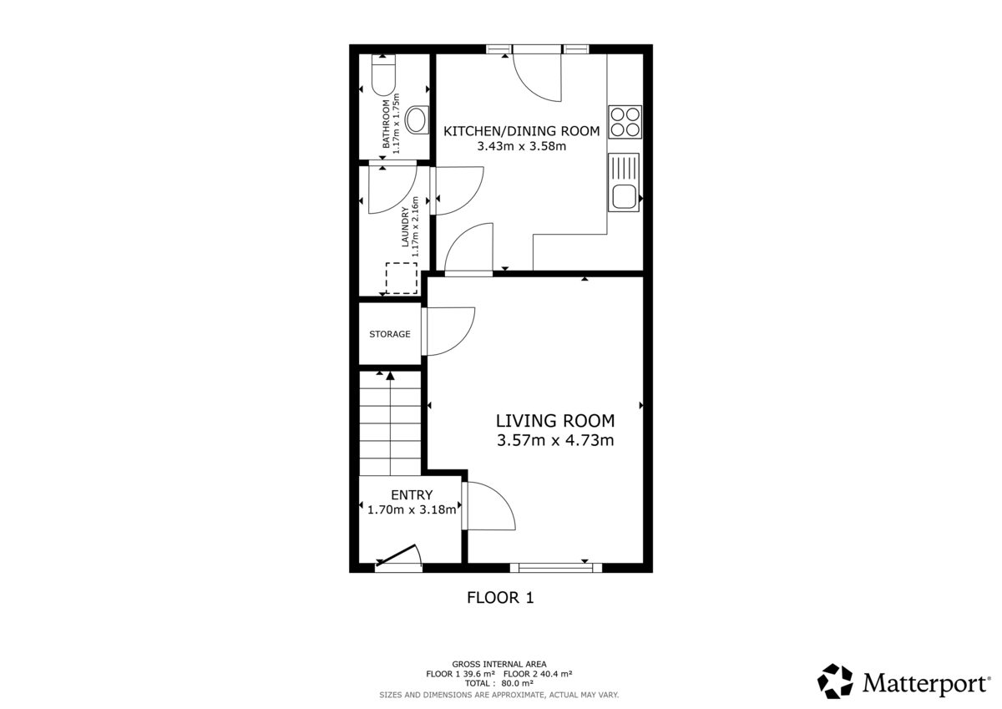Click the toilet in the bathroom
tap(383, 75)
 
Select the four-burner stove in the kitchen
tap(625, 122)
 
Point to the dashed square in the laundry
tap(401, 278)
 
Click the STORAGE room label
tap(390, 334)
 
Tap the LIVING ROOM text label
tap(554, 421)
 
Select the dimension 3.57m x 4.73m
tap(554, 441)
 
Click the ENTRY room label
tap(412, 495)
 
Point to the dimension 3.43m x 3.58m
tap(521, 146)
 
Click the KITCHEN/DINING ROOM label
tap(521, 130)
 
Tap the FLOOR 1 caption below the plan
tap(499, 598)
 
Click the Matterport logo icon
tap(834, 681)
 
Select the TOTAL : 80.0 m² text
tap(499, 683)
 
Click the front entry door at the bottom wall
tap(399, 558)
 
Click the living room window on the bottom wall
tap(555, 568)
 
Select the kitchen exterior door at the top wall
tap(537, 70)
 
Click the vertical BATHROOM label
tap(387, 124)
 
